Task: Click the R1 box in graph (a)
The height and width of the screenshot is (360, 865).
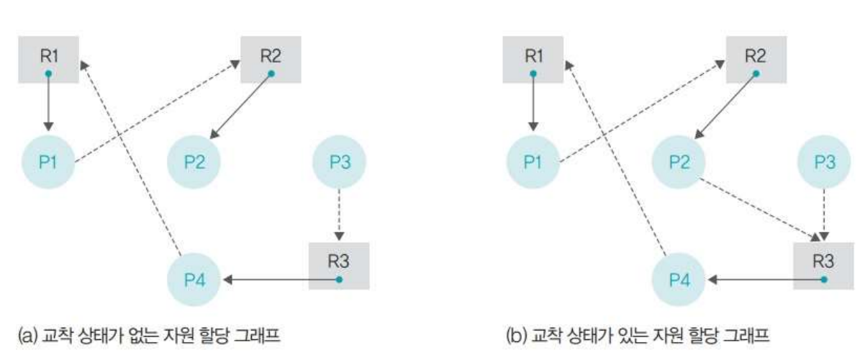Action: [x=47, y=62]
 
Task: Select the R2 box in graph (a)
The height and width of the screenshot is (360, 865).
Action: [x=271, y=62]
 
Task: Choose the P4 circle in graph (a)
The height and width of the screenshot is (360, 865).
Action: [x=194, y=279]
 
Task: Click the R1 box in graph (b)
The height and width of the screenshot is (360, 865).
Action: [x=533, y=62]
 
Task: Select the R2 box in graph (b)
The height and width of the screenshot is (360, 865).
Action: [x=756, y=62]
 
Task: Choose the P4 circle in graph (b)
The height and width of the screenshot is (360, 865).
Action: [x=679, y=279]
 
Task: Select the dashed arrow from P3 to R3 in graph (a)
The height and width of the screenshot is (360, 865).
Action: [x=339, y=212]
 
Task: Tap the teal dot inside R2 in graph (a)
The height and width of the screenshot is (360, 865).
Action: [x=271, y=73]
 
